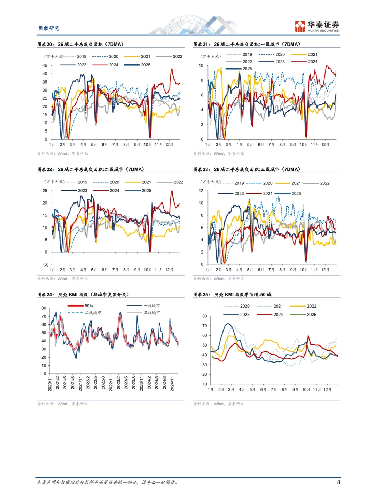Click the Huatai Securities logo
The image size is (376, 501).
(316, 26)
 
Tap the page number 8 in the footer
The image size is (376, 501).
(338, 482)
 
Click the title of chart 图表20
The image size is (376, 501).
(80, 44)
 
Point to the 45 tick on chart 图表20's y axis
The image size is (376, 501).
(45, 65)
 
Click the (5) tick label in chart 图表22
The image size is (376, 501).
(46, 264)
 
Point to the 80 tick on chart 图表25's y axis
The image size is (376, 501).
(205, 316)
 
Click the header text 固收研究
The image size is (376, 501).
(49, 29)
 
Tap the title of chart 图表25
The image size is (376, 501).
(232, 294)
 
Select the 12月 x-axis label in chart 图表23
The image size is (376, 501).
(325, 270)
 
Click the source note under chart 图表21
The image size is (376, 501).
(219, 153)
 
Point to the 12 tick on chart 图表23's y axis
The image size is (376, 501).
(201, 191)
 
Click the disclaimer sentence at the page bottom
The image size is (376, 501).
(108, 482)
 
